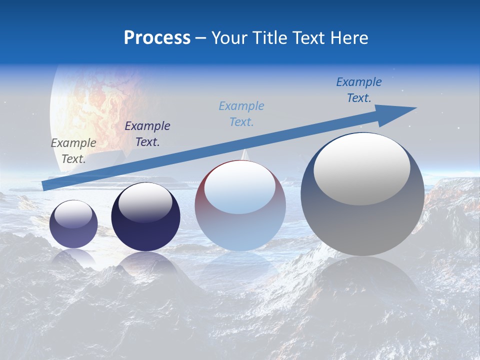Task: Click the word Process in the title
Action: [x=157, y=38]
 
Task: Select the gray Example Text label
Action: [x=73, y=151]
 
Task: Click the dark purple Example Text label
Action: [x=147, y=134]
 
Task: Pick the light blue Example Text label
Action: [x=241, y=114]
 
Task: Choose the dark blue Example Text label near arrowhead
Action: [x=359, y=90]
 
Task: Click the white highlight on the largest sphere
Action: [x=362, y=168]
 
